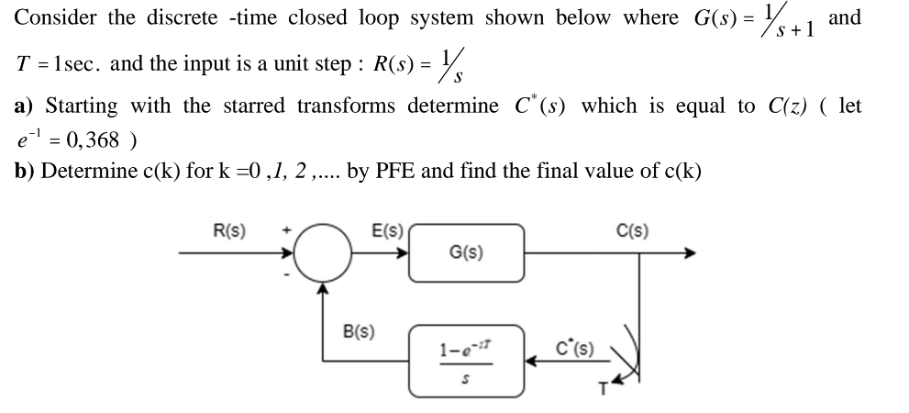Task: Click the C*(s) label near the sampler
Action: click(576, 349)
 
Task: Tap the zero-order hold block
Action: click(467, 360)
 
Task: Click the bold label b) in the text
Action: click(24, 171)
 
